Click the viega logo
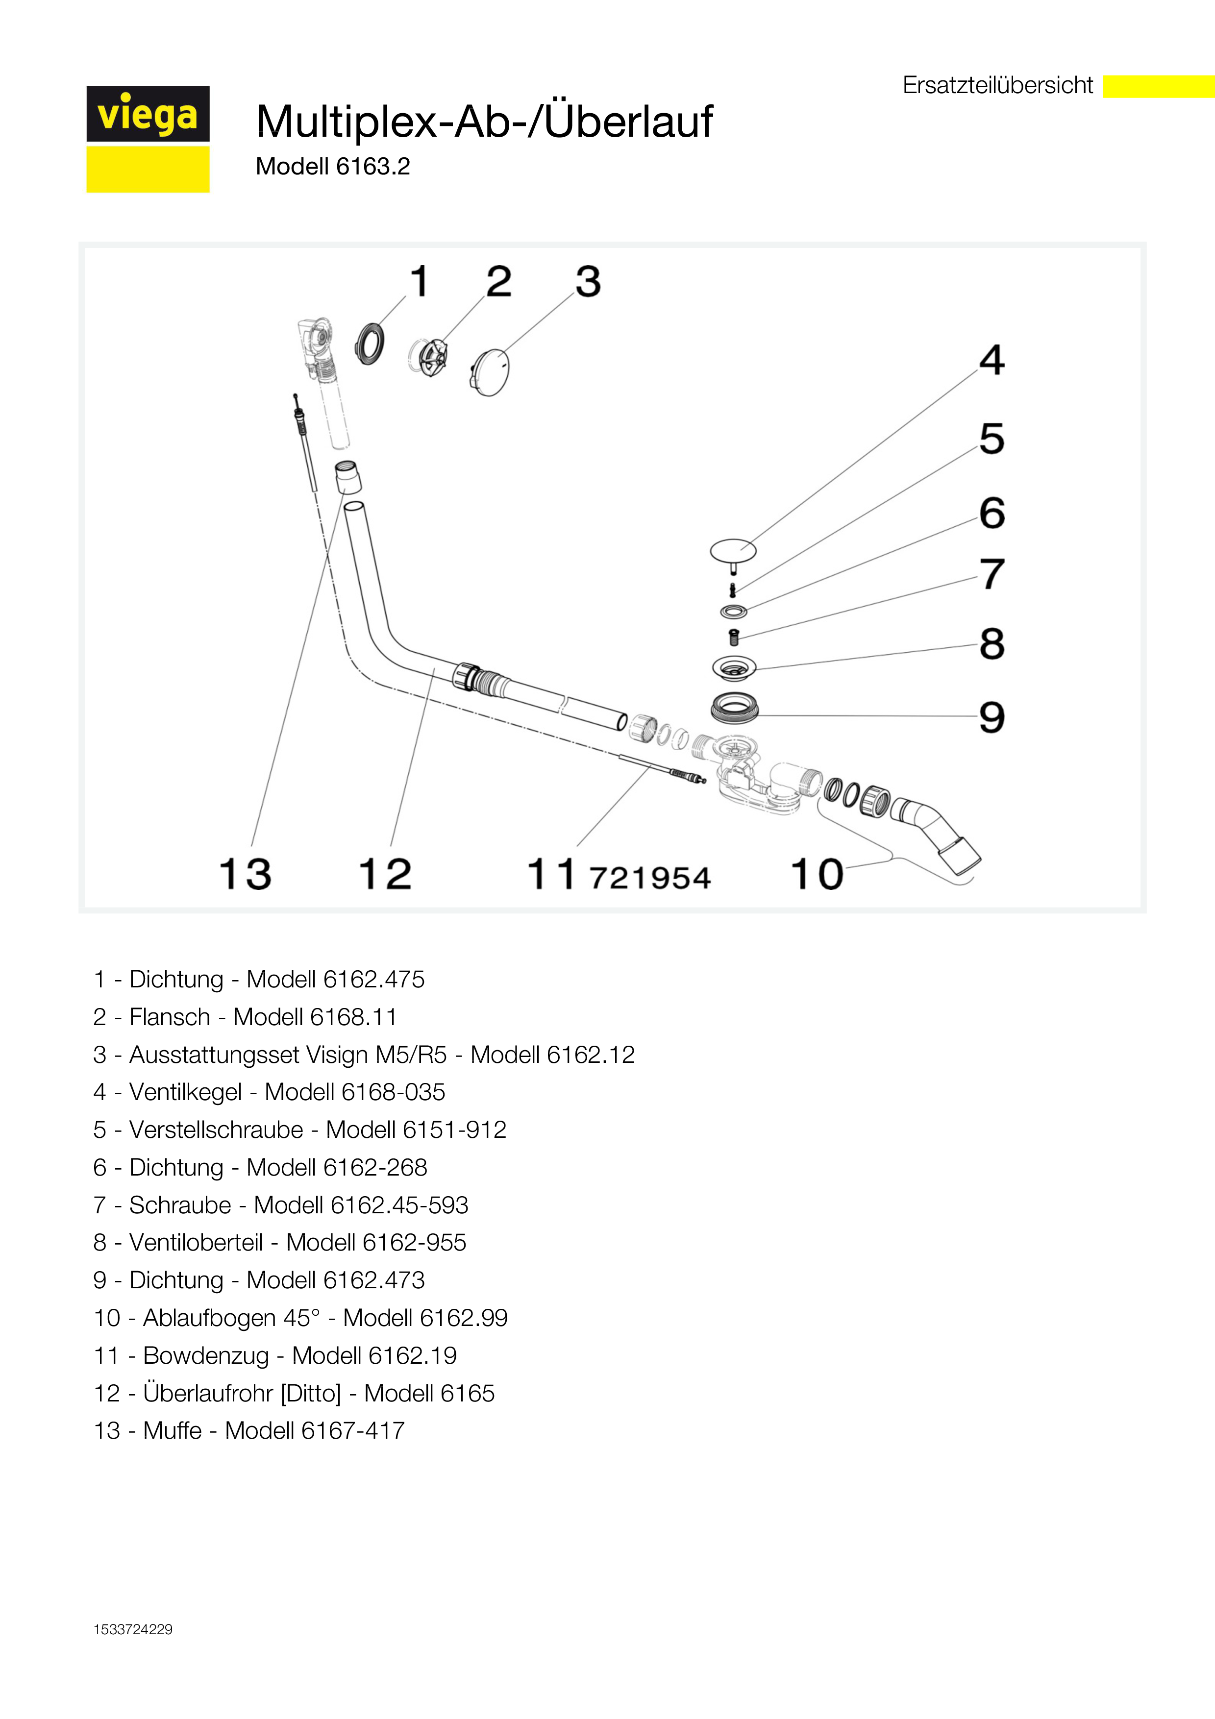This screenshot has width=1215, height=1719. (x=148, y=139)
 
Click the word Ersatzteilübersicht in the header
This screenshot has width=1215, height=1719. (x=997, y=85)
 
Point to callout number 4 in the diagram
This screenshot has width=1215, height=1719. (x=992, y=360)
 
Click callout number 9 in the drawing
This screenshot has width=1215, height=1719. (x=992, y=717)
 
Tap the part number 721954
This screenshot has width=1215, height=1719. (x=650, y=878)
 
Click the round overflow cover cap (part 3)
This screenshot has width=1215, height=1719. (x=490, y=370)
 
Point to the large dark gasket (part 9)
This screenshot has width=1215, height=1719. (x=734, y=708)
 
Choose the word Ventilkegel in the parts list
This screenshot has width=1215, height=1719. (x=185, y=1092)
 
